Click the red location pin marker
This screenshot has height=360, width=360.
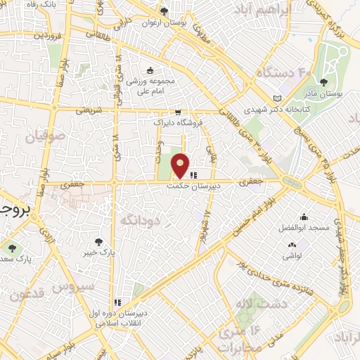181,165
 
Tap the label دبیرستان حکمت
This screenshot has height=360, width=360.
193,186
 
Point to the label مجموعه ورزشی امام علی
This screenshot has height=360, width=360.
150,84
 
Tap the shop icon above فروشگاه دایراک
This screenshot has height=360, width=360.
178,111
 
